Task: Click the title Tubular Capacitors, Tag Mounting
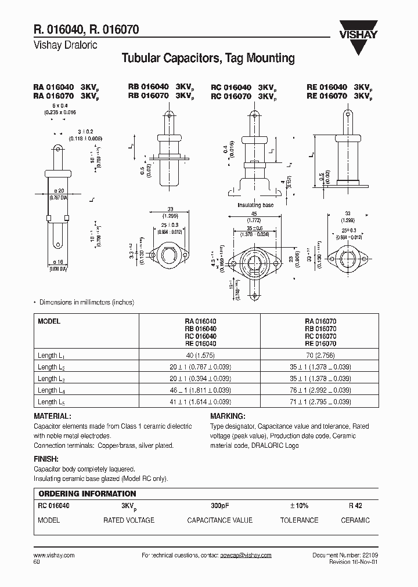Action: [x=207, y=58]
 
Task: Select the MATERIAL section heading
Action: [x=53, y=416]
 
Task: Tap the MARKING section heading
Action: [x=227, y=416]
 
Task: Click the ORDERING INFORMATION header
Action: [x=87, y=494]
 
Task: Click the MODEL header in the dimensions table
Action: [x=49, y=321]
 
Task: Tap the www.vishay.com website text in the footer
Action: [x=51, y=555]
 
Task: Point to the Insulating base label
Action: [x=255, y=205]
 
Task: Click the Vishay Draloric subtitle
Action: [x=65, y=45]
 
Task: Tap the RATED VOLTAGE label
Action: [x=129, y=520]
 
